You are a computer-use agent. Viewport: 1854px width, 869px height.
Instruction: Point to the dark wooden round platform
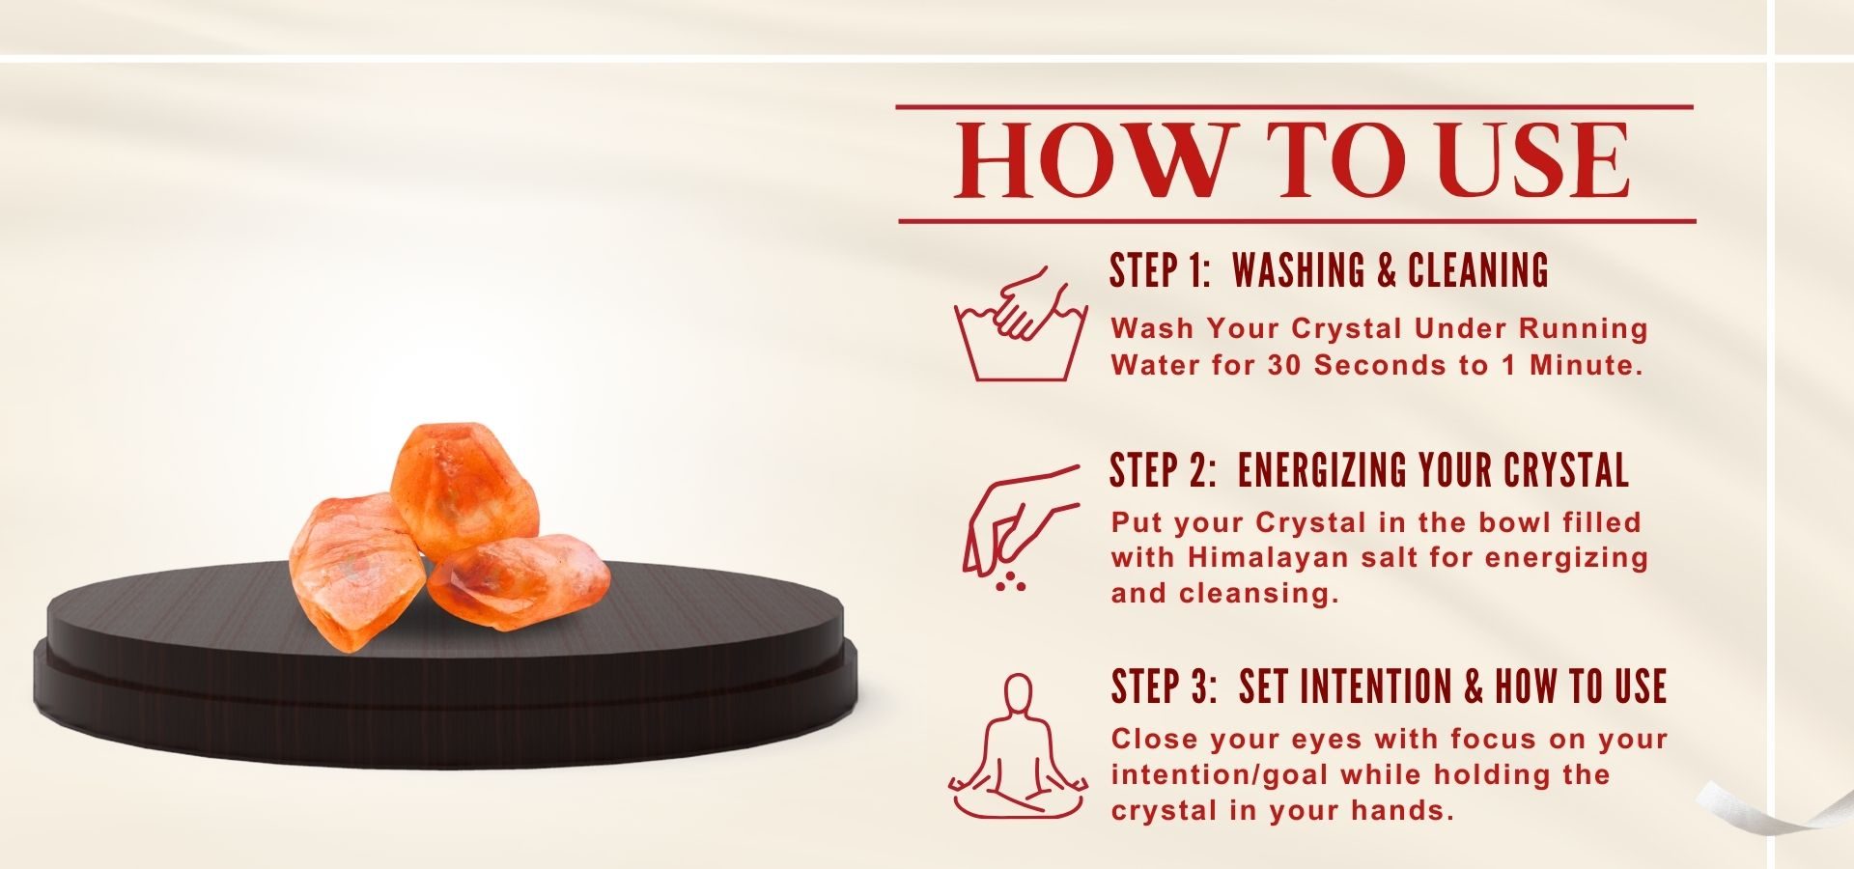[444, 676]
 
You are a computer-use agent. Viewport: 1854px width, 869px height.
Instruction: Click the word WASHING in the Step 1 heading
[1299, 270]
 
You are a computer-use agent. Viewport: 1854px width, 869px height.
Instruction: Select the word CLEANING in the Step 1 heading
[1478, 270]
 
